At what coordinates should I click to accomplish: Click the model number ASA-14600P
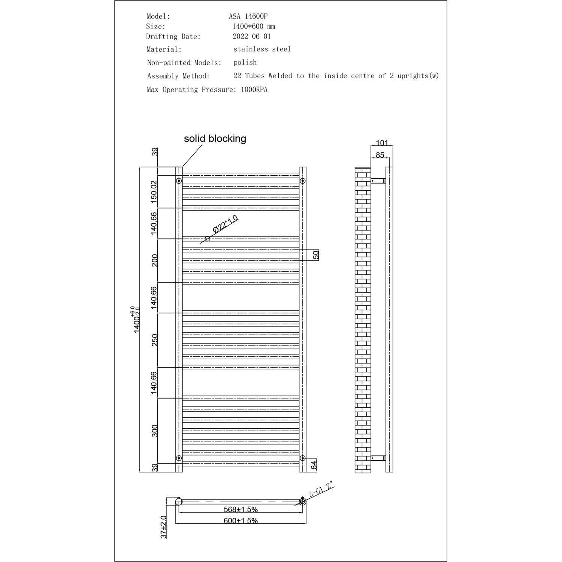point(248,16)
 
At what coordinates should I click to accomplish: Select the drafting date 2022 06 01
point(251,36)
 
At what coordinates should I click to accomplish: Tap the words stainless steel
point(262,49)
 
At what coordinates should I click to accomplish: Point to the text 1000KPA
point(254,90)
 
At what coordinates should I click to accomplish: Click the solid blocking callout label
point(215,139)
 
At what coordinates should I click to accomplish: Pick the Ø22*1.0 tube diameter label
point(225,224)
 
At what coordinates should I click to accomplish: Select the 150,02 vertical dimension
point(154,192)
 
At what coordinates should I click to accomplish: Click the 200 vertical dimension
point(154,260)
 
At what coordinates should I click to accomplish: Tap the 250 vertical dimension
point(154,340)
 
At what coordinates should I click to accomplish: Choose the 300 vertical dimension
point(154,430)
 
